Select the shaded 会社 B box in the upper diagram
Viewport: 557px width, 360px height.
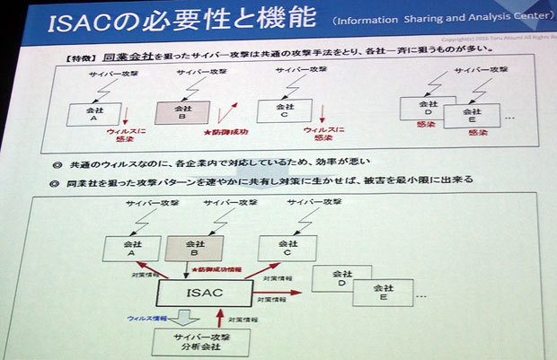[x=181, y=111]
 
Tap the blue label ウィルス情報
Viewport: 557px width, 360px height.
[x=146, y=316]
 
